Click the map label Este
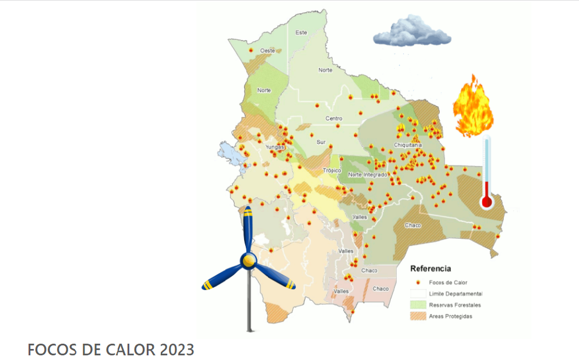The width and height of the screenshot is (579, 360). (x=301, y=33)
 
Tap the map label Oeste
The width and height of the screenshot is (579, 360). (x=267, y=51)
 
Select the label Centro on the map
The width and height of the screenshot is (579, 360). (x=334, y=119)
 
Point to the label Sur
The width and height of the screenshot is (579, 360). (x=321, y=142)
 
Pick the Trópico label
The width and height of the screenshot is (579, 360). (x=332, y=171)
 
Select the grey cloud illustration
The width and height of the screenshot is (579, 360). (x=412, y=33)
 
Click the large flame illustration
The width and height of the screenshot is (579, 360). (x=472, y=108)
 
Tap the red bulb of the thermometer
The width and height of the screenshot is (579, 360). (x=486, y=202)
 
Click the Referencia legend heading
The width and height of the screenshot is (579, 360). (x=430, y=269)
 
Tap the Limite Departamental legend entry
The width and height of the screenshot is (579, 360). (x=456, y=294)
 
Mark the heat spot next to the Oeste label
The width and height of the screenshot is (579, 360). (x=251, y=51)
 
